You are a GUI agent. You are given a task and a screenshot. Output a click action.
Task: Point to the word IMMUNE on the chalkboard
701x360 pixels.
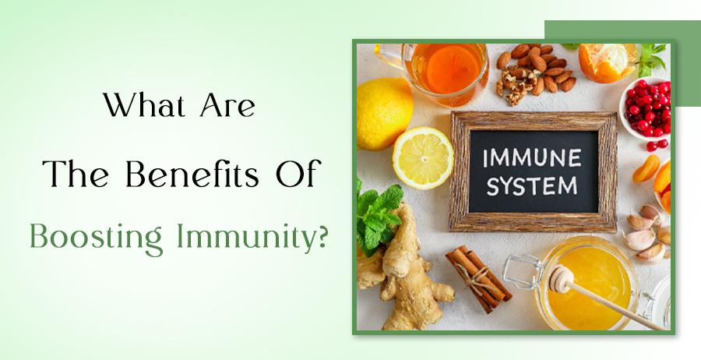[x=533, y=157]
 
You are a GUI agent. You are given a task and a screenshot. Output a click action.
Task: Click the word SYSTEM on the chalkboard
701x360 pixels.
[x=533, y=187]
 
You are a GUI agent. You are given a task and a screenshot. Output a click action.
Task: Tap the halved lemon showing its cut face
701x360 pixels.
[x=422, y=157]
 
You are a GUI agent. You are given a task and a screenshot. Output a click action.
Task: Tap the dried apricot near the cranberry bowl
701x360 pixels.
[x=646, y=168]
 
